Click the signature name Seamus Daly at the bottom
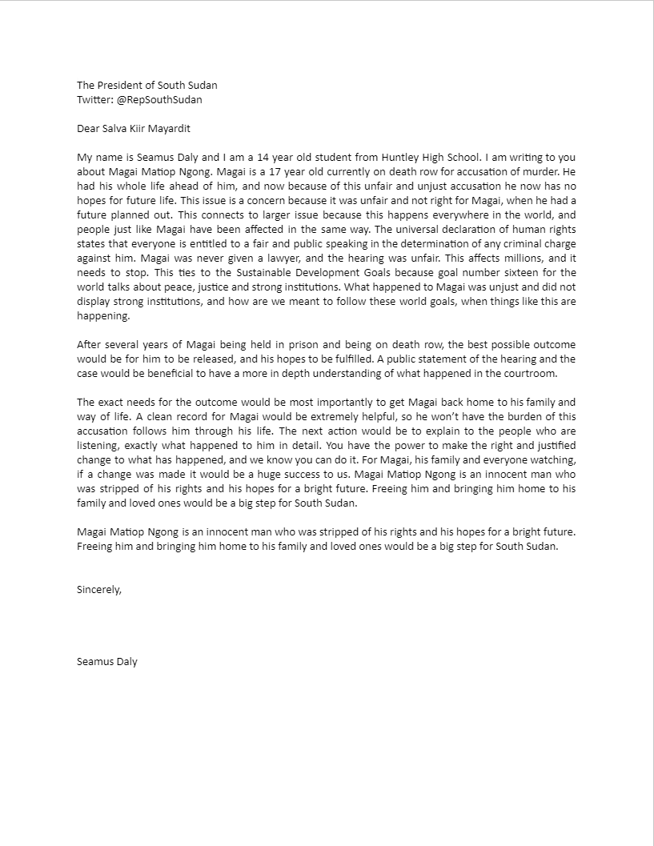(x=107, y=661)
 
